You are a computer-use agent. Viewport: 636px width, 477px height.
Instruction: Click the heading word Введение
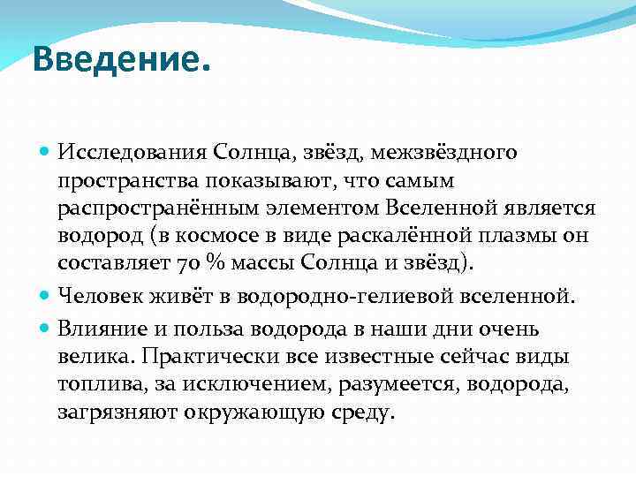tap(122, 60)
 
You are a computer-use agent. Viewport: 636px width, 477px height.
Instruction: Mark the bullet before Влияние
tap(45, 328)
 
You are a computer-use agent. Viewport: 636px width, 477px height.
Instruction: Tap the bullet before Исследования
tap(45, 152)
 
